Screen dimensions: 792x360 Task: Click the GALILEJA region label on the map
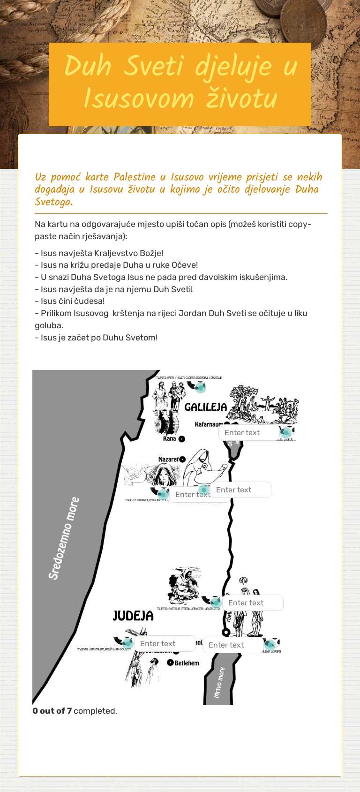[205, 407]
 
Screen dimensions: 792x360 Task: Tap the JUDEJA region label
[133, 616]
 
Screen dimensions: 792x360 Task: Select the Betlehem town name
[187, 663]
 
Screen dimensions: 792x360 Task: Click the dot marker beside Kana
[182, 439]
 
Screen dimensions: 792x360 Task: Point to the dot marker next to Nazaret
[182, 460]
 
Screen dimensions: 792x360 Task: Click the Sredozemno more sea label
[64, 538]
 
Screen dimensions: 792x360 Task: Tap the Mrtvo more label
[219, 682]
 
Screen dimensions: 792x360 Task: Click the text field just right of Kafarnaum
[248, 433]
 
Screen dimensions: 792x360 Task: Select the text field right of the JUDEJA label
[164, 644]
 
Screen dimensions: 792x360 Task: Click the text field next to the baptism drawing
[252, 603]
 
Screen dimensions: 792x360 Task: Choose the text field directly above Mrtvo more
[232, 645]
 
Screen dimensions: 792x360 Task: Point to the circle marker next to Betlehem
[171, 663]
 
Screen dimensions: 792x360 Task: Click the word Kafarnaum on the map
[209, 424]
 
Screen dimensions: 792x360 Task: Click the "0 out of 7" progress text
[52, 711]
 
